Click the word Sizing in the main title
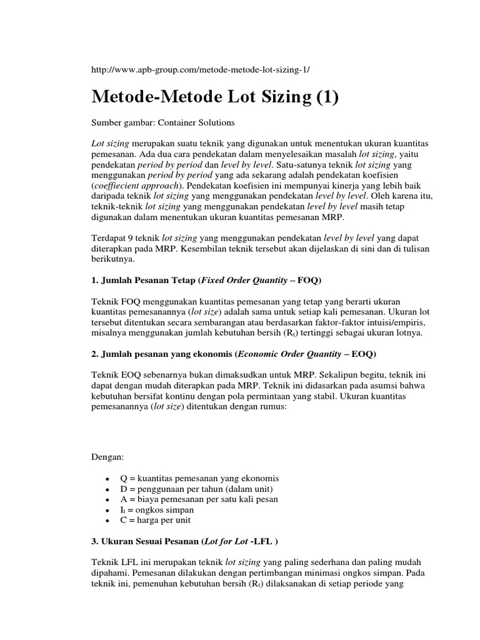click(x=271, y=97)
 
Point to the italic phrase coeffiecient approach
click(x=133, y=186)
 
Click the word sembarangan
click(x=212, y=322)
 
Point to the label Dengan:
click(x=108, y=457)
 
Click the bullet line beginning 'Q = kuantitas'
click(x=199, y=478)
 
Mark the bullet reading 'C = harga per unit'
click(x=155, y=520)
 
